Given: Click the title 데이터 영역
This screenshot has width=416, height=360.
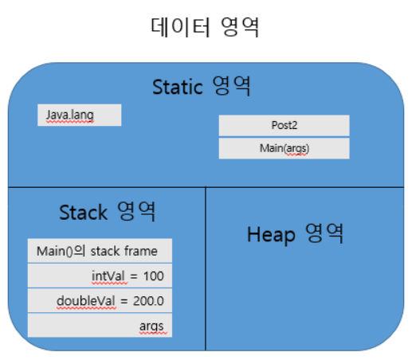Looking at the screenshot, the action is coord(205,27).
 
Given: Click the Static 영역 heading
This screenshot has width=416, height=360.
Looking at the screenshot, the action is coord(202,86).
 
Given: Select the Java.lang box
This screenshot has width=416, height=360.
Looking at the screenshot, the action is coord(80,115).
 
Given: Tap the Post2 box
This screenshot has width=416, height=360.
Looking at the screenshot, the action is coord(284,125).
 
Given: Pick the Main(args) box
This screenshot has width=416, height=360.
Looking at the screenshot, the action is coord(284,148).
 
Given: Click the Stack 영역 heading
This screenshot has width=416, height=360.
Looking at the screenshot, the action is coord(108,212).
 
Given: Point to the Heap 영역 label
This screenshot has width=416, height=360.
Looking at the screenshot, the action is coord(296,234).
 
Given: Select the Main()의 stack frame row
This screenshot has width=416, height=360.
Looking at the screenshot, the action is coord(100,251).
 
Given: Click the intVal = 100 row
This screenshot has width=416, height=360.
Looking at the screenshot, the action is coord(100,276).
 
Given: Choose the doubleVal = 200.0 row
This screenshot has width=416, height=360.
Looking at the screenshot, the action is coord(100,300).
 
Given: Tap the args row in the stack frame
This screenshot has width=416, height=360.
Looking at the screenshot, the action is coord(100,325).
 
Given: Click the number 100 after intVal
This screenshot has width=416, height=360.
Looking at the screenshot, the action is coord(154,276).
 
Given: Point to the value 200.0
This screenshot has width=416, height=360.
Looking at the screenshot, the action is coord(148,301).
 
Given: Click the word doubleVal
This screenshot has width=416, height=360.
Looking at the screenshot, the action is coord(86,301).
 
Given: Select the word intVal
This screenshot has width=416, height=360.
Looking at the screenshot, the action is coord(108,276).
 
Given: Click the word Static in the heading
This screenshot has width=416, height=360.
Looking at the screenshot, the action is coord(178,87).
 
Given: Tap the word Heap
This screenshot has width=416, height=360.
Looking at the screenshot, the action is coord(271,235).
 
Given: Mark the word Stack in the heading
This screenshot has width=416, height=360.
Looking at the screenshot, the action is coord(84,213).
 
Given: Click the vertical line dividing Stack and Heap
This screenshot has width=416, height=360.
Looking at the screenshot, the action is coord(206,268).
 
